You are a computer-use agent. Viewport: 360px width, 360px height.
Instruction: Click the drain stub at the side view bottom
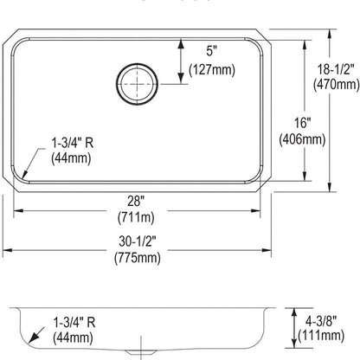coord(135,354)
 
